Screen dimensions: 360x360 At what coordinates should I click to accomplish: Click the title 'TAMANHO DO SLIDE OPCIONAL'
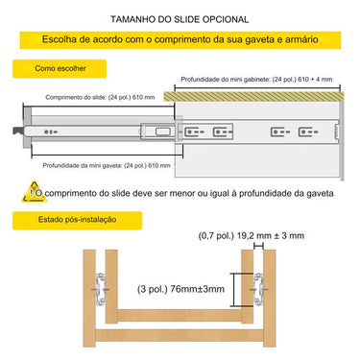coord(180,18)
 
